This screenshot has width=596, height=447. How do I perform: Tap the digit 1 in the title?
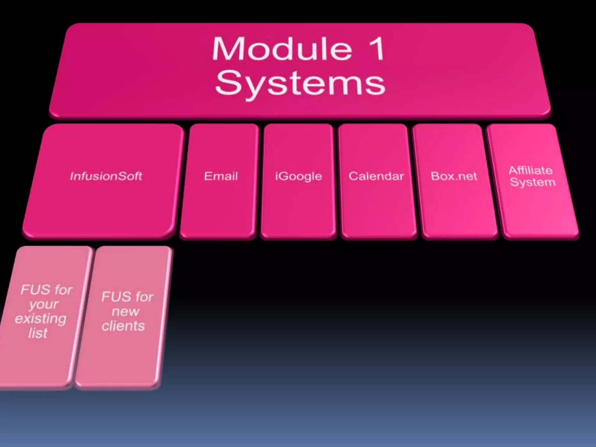tap(377, 49)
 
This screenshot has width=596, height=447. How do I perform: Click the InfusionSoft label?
tap(106, 176)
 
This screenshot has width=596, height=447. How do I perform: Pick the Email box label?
tap(221, 176)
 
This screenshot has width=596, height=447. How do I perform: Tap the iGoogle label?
tap(299, 176)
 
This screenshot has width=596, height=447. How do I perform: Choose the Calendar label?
tap(376, 176)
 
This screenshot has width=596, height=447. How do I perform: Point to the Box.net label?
tap(454, 176)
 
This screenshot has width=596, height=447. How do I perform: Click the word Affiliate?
tap(531, 170)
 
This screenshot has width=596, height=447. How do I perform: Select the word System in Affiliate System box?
tap(533, 182)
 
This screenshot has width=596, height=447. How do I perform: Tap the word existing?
tap(40, 319)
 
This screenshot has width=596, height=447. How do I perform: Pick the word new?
tap(125, 312)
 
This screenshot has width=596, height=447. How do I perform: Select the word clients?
tap(123, 326)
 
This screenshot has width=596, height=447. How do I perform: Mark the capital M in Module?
tap(226, 49)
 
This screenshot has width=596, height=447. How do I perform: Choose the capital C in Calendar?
tap(353, 176)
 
